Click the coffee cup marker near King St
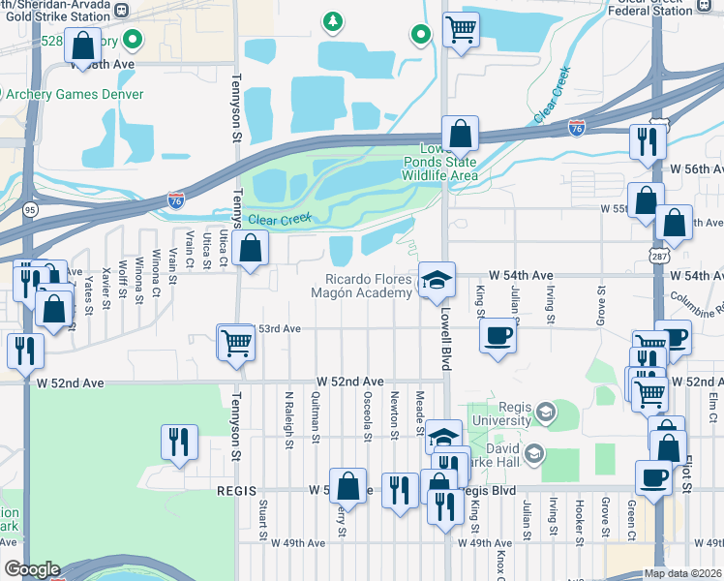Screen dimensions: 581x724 (498, 335)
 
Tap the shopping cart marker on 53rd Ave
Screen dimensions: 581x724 (236, 342)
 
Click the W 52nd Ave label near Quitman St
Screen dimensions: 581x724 (347, 382)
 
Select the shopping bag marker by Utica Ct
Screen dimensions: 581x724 (251, 248)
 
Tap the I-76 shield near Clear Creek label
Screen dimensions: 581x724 (175, 200)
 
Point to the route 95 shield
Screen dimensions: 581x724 (29, 208)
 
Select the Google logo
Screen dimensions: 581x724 (32, 569)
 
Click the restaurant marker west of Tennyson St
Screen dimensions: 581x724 (179, 442)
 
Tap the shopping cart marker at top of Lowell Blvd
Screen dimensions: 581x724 (461, 29)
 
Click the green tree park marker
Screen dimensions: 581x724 (333, 20)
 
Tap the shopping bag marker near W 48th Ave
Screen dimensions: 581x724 (82, 45)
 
